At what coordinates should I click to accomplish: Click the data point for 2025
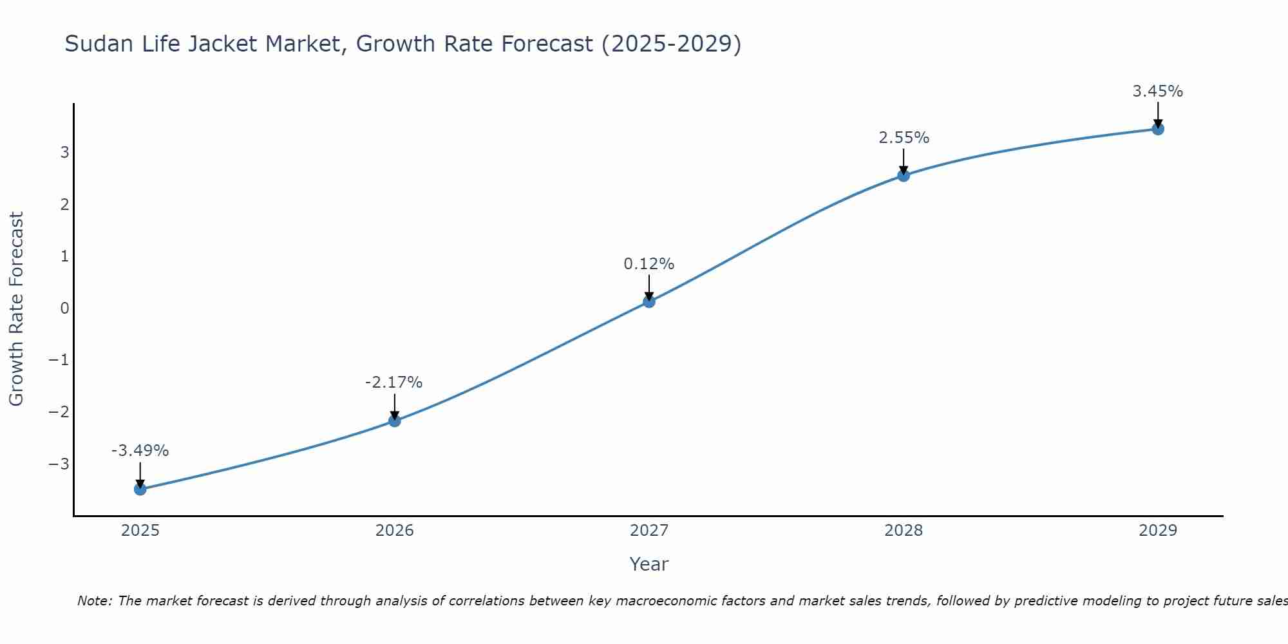140,489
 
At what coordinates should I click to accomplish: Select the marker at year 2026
395,421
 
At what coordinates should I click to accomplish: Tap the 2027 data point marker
649,301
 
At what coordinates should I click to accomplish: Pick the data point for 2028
904,175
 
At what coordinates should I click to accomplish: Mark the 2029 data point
1158,129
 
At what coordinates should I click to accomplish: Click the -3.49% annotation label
140,451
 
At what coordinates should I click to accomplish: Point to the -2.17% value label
393,383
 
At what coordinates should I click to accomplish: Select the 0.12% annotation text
649,264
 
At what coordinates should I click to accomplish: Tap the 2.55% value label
904,138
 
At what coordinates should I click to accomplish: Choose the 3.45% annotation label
1158,91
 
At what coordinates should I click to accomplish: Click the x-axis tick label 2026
395,531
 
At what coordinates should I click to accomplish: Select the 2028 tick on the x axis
904,531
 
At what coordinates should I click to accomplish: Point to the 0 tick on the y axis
64,308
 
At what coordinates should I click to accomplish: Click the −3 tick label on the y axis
59,464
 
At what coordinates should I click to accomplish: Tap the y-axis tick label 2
64,204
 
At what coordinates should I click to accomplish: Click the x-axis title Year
649,564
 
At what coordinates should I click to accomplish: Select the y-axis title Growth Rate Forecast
16,309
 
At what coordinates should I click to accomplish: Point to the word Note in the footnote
95,601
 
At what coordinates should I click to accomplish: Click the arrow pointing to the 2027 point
649,287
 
